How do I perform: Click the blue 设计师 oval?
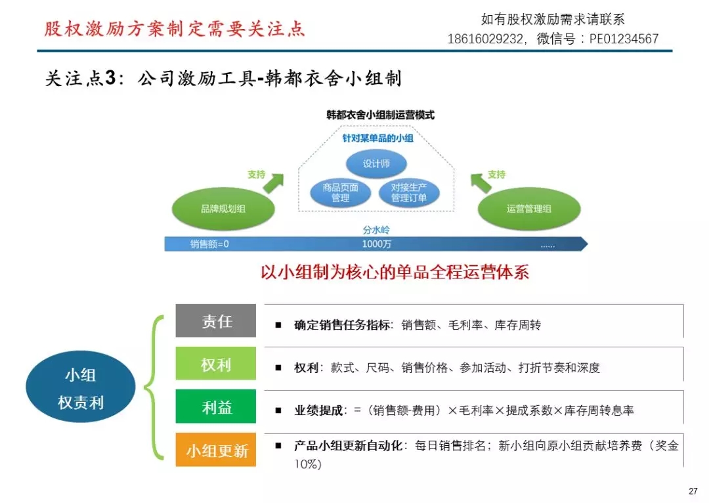pos(376,164)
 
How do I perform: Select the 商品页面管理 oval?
pos(340,192)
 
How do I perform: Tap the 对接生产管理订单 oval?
pos(409,192)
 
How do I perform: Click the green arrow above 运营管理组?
pos(482,182)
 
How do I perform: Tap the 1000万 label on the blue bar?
pos(377,244)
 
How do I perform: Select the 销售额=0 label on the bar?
pos(209,244)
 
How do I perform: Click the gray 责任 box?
pos(216,321)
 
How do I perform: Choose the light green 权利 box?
pos(216,364)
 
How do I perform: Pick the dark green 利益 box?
pos(216,407)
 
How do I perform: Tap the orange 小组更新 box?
pos(216,450)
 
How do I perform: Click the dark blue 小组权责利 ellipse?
pos(81,389)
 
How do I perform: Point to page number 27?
pos(693,491)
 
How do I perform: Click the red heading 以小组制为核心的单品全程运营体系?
pos(395,273)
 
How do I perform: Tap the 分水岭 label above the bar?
pos(376,230)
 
